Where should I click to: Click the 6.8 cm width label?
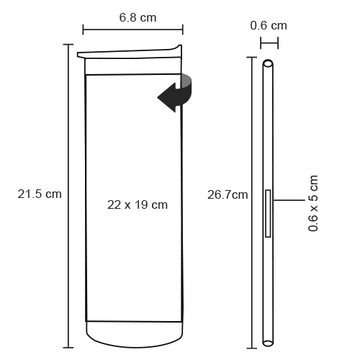point(138,18)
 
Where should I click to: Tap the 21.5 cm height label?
point(40,194)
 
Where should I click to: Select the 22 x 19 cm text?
point(138,205)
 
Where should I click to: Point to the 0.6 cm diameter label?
point(269,26)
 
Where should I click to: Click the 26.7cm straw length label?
point(228,194)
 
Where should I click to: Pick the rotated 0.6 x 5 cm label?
point(313,203)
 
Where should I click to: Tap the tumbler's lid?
point(130,52)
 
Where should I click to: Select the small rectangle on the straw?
point(268,213)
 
